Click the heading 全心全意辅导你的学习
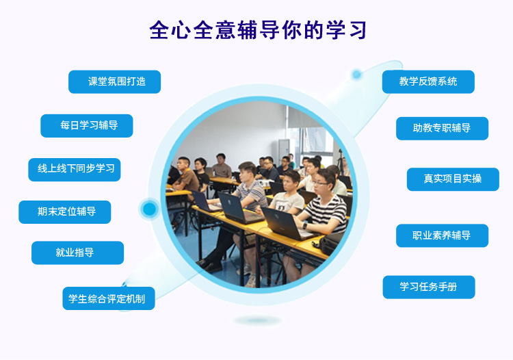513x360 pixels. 258,30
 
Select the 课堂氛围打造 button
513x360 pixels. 114,82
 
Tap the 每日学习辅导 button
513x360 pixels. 87,126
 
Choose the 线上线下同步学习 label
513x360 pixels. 75,170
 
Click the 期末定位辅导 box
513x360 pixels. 65,212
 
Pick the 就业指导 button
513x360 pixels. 77,253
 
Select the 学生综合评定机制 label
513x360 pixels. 109,298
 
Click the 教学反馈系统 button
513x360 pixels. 428,82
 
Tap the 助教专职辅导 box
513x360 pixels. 443,128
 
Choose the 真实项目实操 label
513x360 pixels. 453,179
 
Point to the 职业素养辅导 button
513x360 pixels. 443,235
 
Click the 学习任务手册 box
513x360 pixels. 429,287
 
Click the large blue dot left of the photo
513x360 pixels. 150,209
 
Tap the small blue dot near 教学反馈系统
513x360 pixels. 356,75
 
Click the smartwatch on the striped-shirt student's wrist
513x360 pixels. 304,226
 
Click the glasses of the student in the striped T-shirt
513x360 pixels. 320,183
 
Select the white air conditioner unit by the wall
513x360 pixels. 283,150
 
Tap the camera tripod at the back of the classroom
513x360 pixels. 341,162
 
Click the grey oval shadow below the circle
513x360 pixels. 258,320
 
